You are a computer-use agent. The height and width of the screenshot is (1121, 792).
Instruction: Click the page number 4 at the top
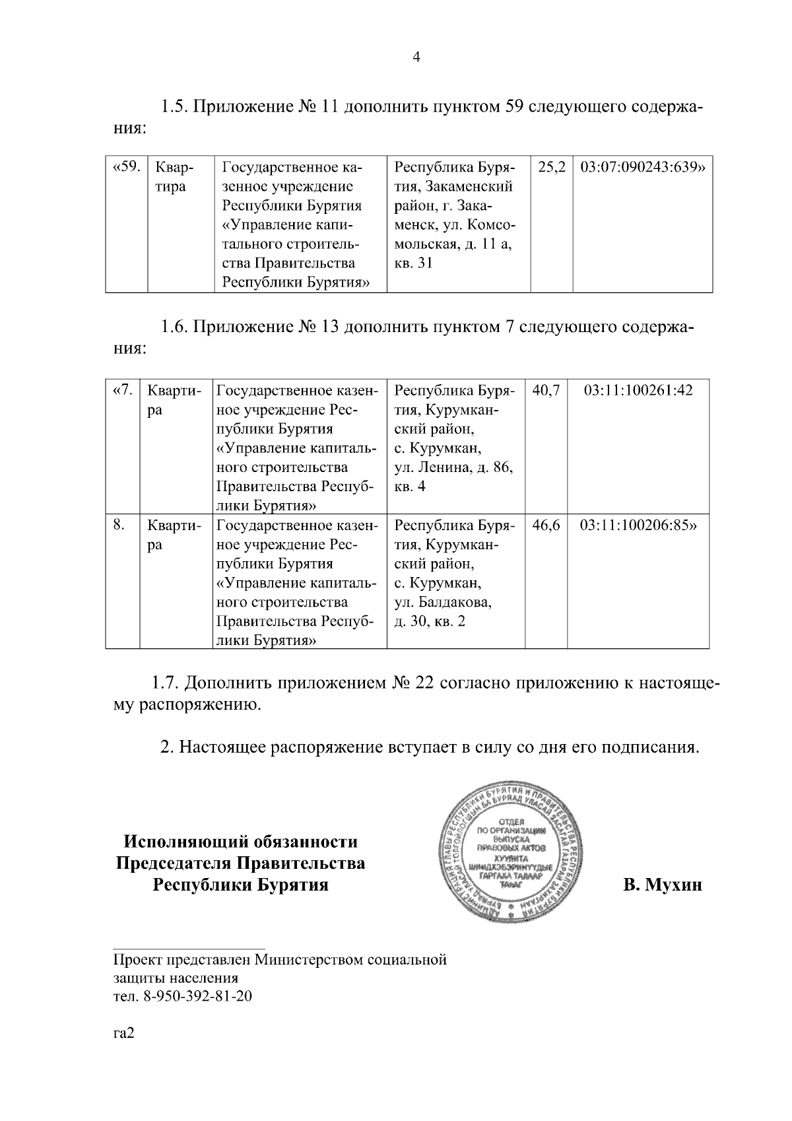(416, 57)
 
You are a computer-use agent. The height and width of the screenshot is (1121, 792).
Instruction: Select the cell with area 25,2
(552, 168)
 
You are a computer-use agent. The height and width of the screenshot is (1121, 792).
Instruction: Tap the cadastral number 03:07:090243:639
(642, 168)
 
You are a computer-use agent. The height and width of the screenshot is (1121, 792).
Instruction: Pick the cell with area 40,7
(546, 390)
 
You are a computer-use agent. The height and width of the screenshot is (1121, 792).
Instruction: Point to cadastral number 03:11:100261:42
(638, 390)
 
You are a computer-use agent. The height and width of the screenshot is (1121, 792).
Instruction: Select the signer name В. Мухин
(663, 885)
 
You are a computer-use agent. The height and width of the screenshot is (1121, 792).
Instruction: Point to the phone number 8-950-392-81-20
(197, 996)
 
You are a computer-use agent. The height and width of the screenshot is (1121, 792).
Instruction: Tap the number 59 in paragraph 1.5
(514, 107)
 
